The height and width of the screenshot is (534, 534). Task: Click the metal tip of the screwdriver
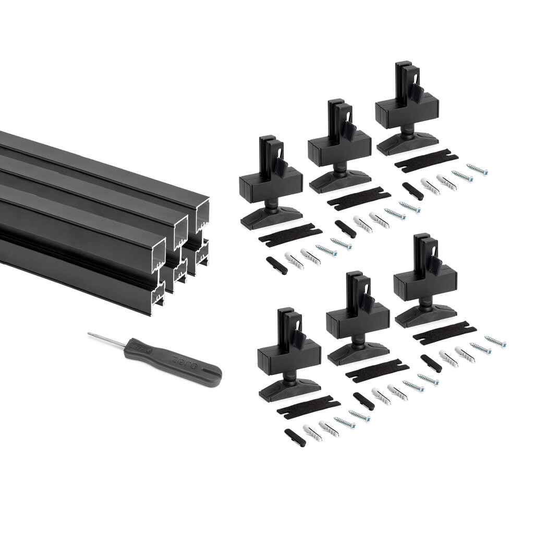point(90,334)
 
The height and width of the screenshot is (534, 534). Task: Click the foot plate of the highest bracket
point(407,143)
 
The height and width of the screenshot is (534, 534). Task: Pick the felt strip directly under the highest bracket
point(426,161)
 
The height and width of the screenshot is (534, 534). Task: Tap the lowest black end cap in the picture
point(295,437)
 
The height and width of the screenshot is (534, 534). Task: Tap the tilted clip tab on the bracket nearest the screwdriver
point(299,340)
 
